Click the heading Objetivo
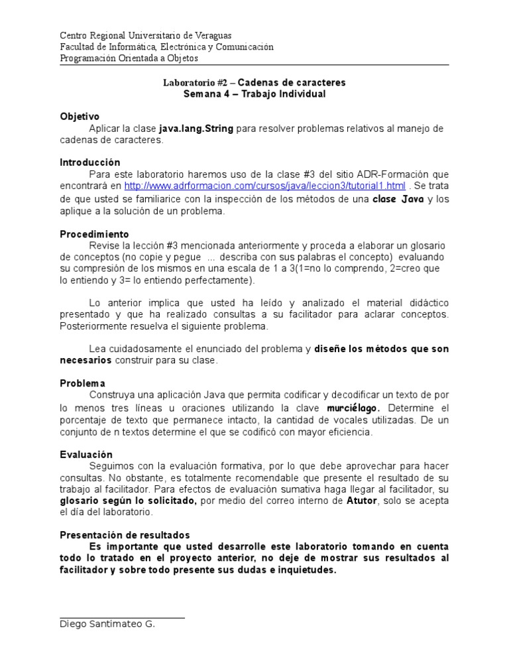tap(79, 116)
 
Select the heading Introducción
tap(90, 162)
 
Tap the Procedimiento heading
tap(94, 234)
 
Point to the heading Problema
tap(82, 383)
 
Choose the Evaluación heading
tap(86, 454)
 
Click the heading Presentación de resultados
tap(125, 534)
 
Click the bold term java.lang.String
tap(196, 129)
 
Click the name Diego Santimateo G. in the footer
tap(107, 624)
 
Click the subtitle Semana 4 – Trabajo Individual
tap(254, 94)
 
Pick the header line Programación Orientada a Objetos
tap(129, 58)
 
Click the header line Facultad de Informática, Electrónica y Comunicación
tap(166, 47)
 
